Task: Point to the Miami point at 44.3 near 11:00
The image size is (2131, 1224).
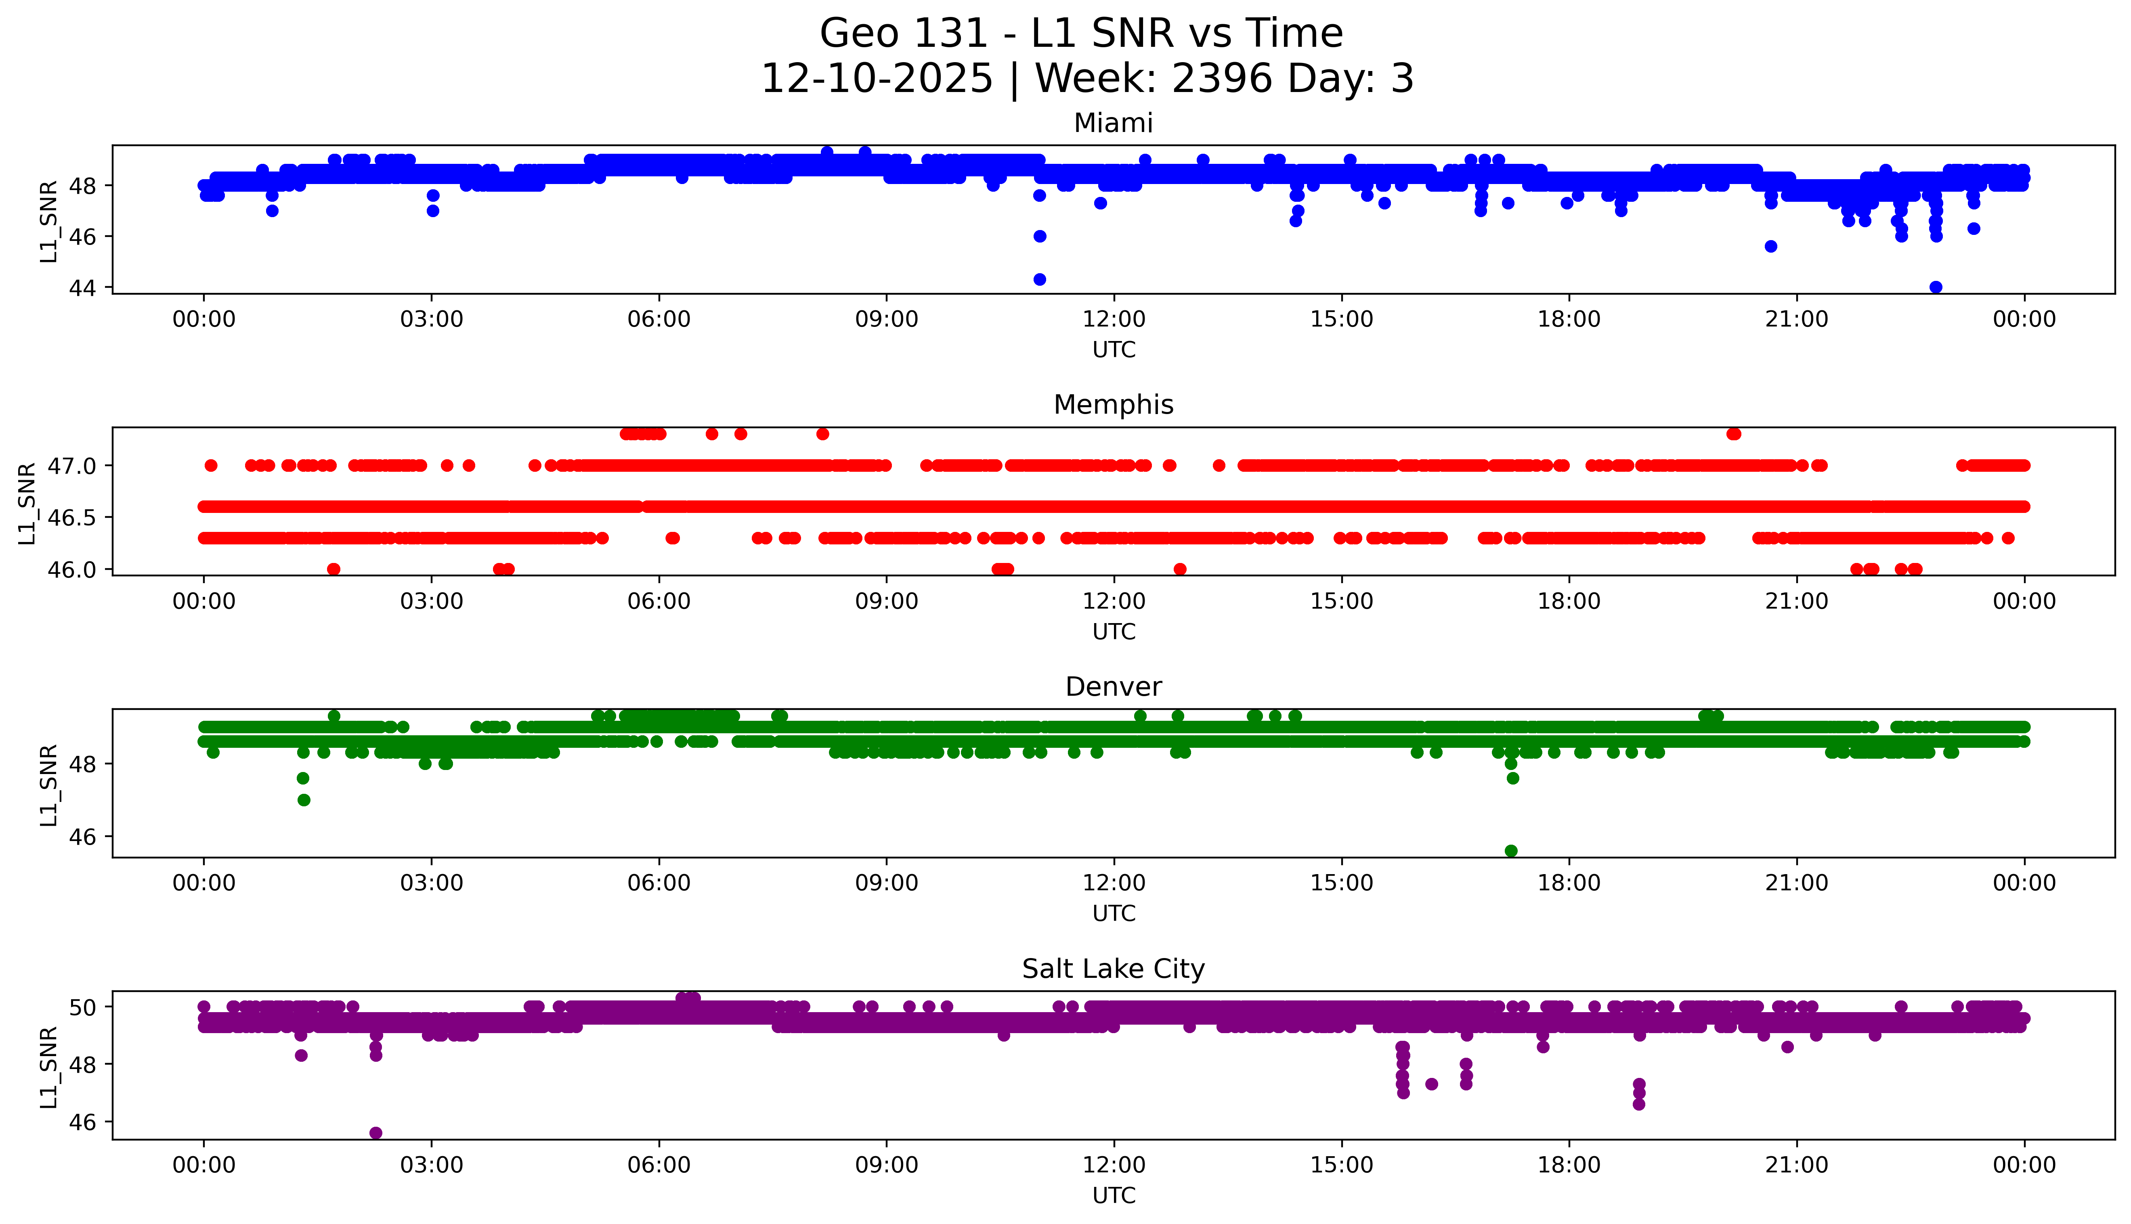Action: coord(1039,279)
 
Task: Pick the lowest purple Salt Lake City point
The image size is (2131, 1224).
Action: coord(376,1133)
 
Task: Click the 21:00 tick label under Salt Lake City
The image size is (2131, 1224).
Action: coord(1796,1165)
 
